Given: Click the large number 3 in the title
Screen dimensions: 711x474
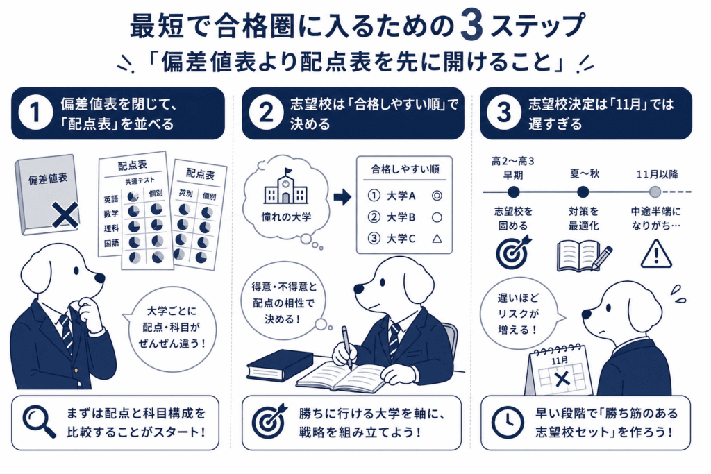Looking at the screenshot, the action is (471, 26).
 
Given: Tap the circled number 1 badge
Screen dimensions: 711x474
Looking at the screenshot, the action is (35, 113).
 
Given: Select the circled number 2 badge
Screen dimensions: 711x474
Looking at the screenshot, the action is (266, 113).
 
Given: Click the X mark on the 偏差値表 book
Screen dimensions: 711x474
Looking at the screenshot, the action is (65, 215).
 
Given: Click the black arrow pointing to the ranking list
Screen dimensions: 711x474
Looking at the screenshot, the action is (342, 196).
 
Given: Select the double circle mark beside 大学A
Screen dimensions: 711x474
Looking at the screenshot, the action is (437, 196).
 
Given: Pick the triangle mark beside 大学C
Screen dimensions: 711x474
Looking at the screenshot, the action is (437, 238).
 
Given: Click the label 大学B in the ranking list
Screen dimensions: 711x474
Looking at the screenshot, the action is (401, 217).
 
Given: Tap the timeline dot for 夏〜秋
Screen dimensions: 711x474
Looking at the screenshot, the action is (583, 192).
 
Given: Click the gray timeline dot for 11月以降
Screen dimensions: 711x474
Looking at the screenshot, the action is (655, 192).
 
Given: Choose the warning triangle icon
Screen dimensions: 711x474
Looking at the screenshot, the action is (656, 254).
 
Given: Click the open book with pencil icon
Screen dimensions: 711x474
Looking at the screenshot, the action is (583, 256).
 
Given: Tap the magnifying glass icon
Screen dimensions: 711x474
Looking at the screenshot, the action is (39, 422).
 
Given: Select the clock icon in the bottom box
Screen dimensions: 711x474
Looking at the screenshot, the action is (508, 423).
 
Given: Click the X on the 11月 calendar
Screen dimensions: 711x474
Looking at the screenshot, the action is (562, 379).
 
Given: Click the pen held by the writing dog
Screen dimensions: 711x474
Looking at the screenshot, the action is (347, 347).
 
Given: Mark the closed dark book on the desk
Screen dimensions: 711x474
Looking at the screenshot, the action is (280, 364).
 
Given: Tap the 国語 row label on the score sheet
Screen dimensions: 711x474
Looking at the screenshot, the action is (111, 244).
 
